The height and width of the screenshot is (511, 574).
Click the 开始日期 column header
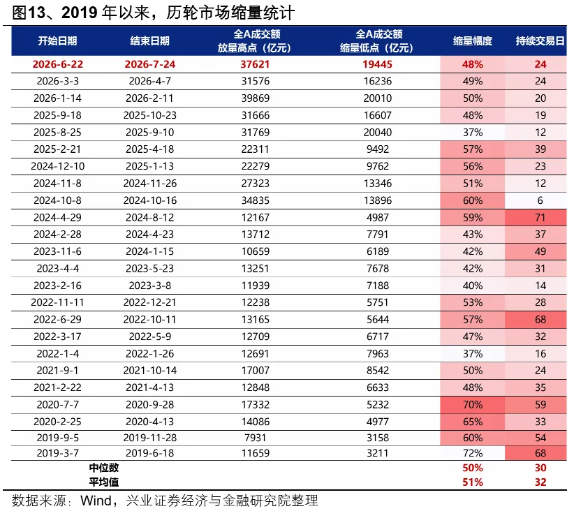click(57, 40)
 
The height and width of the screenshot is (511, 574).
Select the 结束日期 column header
click(149, 40)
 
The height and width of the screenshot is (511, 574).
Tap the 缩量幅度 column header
click(472, 40)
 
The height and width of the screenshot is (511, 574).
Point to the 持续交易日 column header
click(540, 40)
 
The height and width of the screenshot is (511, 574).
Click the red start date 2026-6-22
click(57, 64)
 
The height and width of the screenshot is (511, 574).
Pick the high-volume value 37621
click(255, 64)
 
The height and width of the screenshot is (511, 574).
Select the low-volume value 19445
click(377, 64)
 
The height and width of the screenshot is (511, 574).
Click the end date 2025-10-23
click(149, 115)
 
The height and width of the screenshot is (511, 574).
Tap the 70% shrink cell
click(472, 404)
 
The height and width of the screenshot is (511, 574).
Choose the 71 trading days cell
click(540, 217)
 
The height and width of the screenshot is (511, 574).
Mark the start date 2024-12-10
click(57, 166)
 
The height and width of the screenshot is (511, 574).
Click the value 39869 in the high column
click(255, 98)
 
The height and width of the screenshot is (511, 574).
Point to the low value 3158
click(377, 438)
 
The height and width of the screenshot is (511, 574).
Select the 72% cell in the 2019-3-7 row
click(472, 453)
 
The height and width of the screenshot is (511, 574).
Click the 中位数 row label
click(104, 468)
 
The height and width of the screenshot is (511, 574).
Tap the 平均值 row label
click(104, 482)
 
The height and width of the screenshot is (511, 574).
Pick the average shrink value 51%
click(472, 482)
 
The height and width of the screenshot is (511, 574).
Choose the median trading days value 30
click(540, 468)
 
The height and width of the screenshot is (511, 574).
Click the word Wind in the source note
click(96, 501)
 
